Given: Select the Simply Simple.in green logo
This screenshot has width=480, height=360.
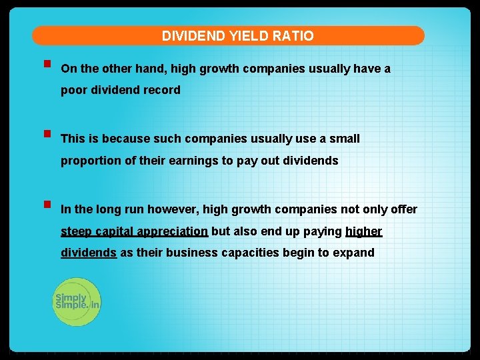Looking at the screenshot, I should click(x=77, y=301).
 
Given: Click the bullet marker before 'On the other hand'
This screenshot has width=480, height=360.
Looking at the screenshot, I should click(x=46, y=65).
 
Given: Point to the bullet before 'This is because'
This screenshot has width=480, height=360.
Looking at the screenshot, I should click(x=46, y=135).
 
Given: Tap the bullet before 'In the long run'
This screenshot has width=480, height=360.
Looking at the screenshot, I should click(x=46, y=205).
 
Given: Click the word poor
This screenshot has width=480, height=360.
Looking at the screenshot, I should click(x=73, y=90).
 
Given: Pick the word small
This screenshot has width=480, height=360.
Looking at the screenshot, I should click(x=343, y=139).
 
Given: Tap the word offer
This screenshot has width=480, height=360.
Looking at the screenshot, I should click(x=404, y=209).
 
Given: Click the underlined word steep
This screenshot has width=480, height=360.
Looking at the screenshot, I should click(x=77, y=231).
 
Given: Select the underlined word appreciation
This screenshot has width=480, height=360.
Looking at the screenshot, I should click(x=172, y=231).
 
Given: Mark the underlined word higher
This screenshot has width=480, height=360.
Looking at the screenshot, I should click(x=364, y=231).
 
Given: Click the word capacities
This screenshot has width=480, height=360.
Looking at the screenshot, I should click(x=247, y=253).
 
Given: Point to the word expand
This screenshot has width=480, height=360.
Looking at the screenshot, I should click(x=356, y=253).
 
